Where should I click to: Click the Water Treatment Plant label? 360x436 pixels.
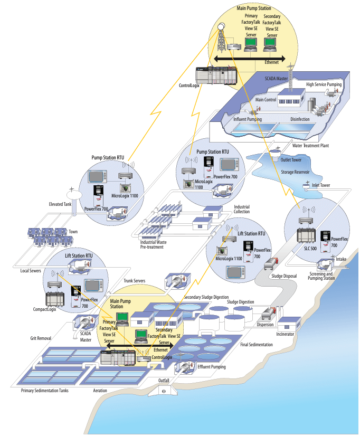[x=314, y=146]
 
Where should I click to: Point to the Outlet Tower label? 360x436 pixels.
[x=290, y=160]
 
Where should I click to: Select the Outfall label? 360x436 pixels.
[x=164, y=380]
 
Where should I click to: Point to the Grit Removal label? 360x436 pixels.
[x=41, y=338]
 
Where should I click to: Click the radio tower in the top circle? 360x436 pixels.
[x=221, y=37]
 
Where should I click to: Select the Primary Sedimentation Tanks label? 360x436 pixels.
[x=45, y=391]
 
